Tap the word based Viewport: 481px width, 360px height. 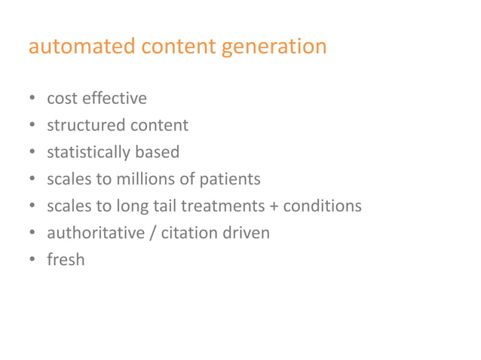tap(157, 152)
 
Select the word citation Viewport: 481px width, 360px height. tap(191, 233)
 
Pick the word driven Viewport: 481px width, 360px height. tap(247, 233)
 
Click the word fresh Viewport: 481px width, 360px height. tap(66, 261)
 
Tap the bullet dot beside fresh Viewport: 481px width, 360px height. tap(32, 261)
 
